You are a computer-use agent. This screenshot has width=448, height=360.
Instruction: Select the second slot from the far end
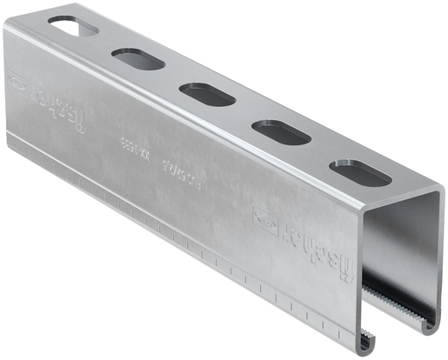137,60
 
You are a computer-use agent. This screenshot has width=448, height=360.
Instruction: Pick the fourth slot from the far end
280,131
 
